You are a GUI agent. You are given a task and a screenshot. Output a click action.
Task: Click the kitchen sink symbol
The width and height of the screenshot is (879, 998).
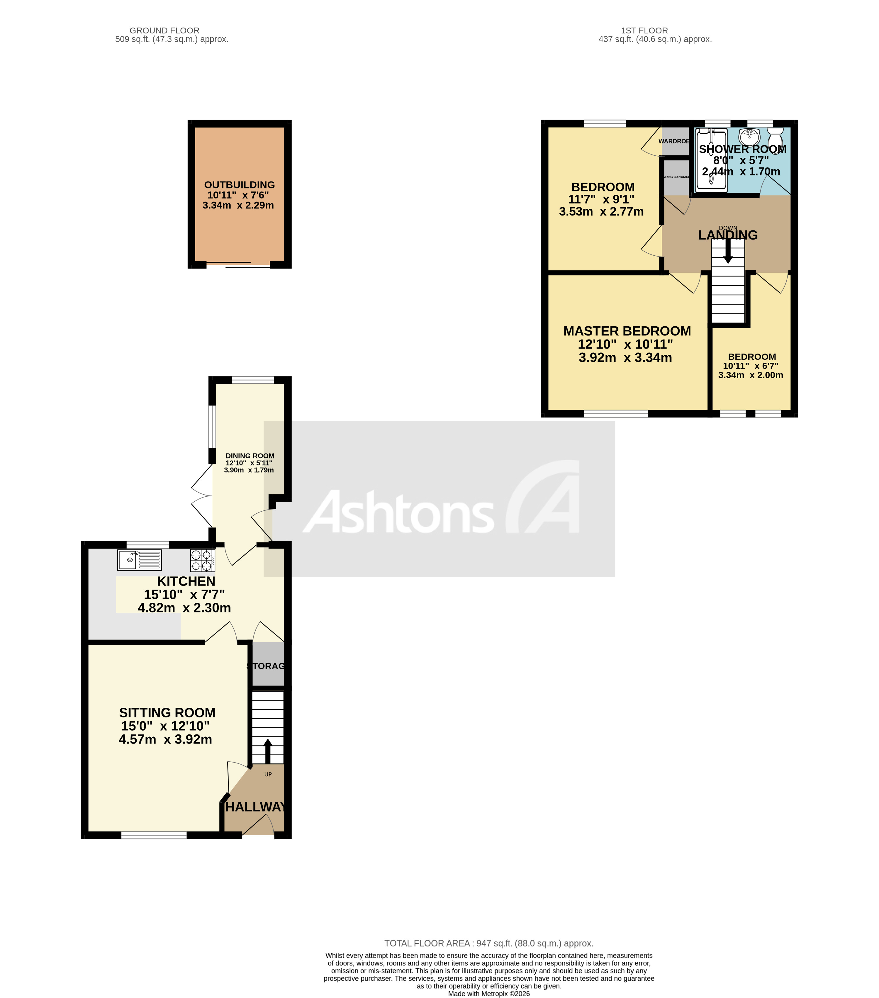(139, 560)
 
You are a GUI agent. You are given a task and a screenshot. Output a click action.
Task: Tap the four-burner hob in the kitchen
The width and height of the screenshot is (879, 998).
(202, 561)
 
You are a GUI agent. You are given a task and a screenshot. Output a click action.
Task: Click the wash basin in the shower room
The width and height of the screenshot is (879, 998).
(748, 136)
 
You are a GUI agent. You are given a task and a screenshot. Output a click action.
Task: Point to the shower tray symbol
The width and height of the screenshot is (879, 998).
(711, 159)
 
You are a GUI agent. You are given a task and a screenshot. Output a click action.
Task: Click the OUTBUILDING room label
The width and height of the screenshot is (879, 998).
(239, 185)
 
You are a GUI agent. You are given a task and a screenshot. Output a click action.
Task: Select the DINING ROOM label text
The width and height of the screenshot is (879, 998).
(250, 456)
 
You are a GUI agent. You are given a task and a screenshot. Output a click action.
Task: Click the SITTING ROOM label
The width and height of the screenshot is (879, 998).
(167, 712)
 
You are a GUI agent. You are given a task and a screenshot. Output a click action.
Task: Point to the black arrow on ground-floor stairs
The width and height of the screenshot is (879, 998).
(268, 751)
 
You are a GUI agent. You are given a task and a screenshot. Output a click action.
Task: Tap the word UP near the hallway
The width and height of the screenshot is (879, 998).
(268, 774)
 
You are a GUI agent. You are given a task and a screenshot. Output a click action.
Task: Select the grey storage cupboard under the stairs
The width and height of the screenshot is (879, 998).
(268, 664)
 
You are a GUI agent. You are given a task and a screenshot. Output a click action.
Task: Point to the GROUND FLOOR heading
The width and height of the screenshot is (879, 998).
(164, 30)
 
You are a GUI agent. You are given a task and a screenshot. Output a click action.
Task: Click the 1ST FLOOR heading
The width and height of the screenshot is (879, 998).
(644, 30)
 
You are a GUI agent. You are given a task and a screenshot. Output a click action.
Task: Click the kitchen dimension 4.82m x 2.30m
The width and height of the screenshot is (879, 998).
(184, 608)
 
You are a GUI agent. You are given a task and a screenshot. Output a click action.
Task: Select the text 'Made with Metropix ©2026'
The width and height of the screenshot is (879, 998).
(488, 993)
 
